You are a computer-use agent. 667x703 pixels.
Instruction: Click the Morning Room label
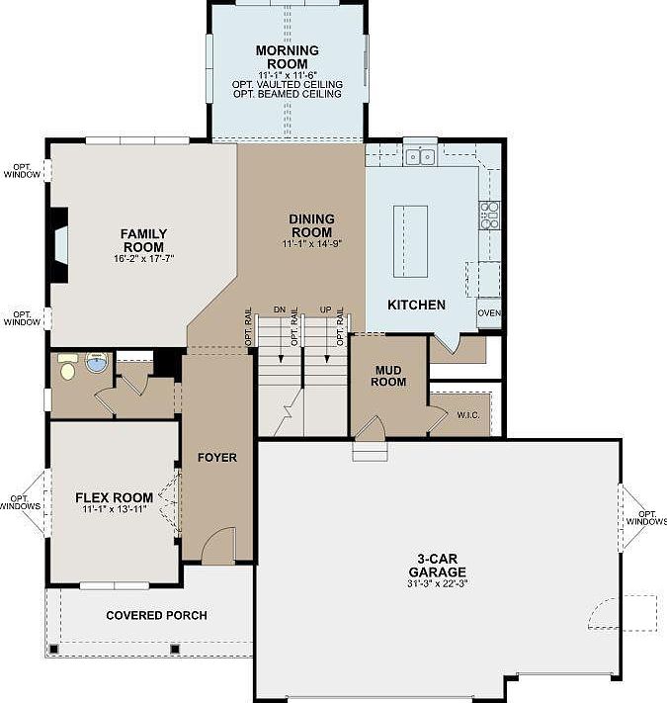click(x=288, y=57)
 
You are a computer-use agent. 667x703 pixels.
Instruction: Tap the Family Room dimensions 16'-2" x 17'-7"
click(x=144, y=259)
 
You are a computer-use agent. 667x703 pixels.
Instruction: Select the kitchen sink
click(x=421, y=156)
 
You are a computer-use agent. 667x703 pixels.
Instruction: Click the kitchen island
click(x=410, y=241)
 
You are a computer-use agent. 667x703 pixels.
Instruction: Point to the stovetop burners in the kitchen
click(x=489, y=216)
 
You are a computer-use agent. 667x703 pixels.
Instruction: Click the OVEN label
click(x=489, y=312)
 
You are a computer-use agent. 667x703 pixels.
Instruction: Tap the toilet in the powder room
click(x=67, y=367)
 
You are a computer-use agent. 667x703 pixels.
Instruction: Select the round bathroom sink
click(x=96, y=362)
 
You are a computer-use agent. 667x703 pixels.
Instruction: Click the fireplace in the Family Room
click(x=59, y=245)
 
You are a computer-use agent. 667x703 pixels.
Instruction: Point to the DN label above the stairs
click(x=280, y=309)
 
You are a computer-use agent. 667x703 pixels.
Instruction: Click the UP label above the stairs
click(x=326, y=309)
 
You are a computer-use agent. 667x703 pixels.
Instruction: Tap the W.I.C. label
click(x=468, y=415)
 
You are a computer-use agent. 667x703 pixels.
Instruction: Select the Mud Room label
click(x=388, y=376)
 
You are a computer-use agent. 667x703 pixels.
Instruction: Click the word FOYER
click(x=217, y=458)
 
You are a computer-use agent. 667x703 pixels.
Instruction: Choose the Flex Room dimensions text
click(x=115, y=509)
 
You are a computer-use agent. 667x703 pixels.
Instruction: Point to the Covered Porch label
click(x=156, y=615)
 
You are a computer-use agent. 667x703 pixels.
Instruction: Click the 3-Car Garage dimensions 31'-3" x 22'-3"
click(x=438, y=583)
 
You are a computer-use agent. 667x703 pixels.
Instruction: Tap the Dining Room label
click(x=312, y=225)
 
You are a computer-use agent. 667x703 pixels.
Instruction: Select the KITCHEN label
click(x=416, y=305)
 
